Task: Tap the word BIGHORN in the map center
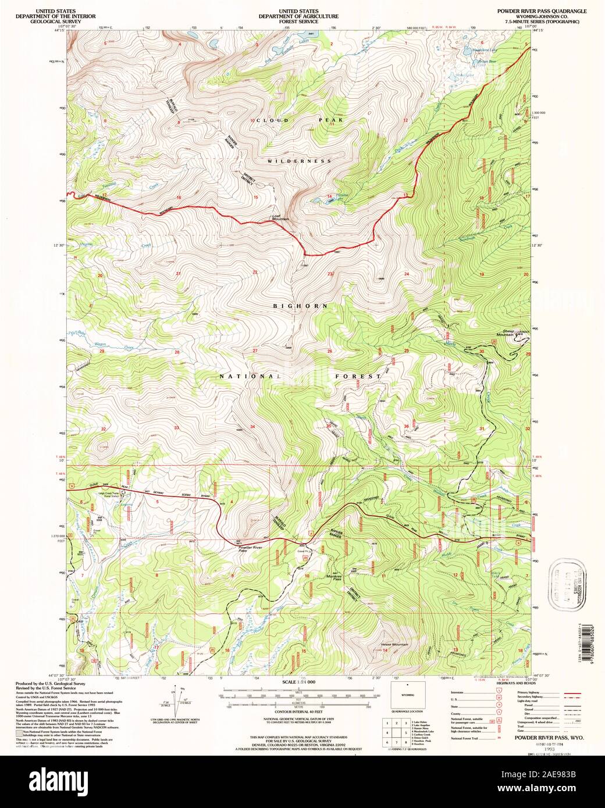click(x=301, y=305)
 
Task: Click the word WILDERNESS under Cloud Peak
click(x=300, y=160)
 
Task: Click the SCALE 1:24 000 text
click(x=298, y=682)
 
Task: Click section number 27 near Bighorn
click(x=255, y=351)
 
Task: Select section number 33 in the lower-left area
click(x=176, y=427)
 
